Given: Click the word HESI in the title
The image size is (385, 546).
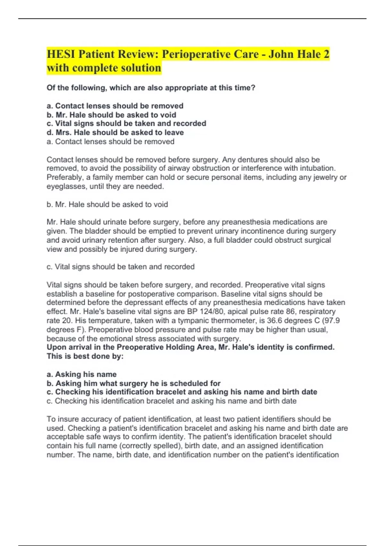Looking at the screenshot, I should (x=61, y=54).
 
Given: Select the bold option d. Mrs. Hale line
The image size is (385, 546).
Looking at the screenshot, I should (x=115, y=132).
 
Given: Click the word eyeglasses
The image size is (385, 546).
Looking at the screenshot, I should (x=66, y=186).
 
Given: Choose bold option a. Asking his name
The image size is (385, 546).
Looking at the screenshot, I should (x=81, y=374).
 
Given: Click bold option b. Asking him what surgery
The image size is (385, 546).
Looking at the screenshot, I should (x=133, y=383).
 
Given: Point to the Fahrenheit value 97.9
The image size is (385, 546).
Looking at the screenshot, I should (x=333, y=321).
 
